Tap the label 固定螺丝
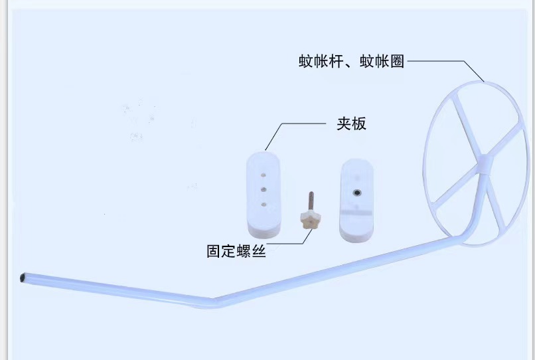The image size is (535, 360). (x=236, y=252)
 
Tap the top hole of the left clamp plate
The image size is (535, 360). (x=263, y=176)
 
